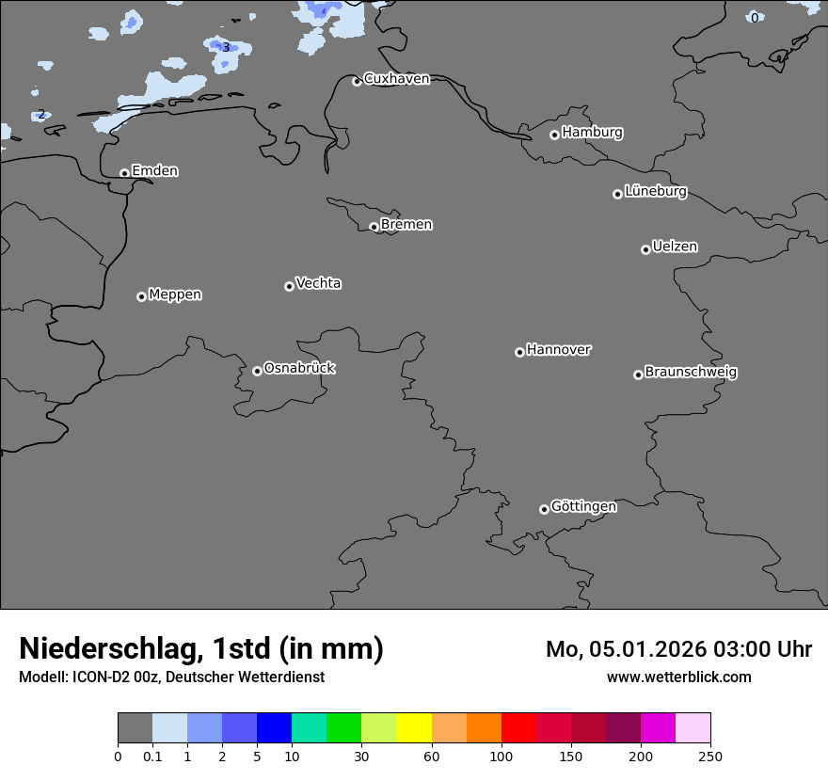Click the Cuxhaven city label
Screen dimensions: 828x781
[396, 79]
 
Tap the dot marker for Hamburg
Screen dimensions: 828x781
[554, 135]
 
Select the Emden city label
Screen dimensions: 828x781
[154, 171]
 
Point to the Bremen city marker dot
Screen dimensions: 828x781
[374, 227]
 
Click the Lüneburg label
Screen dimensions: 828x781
[655, 192]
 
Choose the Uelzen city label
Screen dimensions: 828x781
[675, 247]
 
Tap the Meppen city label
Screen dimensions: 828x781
[175, 295]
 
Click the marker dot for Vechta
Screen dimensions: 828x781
[289, 286]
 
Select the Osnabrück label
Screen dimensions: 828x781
[299, 369]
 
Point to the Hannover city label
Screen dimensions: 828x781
[558, 350]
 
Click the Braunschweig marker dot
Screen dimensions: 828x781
[638, 375]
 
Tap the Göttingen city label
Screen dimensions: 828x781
[583, 507]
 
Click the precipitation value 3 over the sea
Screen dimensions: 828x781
[226, 47]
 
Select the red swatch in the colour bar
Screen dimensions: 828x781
[518, 728]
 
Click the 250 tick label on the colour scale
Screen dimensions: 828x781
[710, 756]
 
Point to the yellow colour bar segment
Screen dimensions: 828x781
[414, 728]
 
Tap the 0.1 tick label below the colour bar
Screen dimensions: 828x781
[152, 756]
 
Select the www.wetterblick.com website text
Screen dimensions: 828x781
[678, 677]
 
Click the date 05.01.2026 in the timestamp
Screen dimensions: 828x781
[647, 649]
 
